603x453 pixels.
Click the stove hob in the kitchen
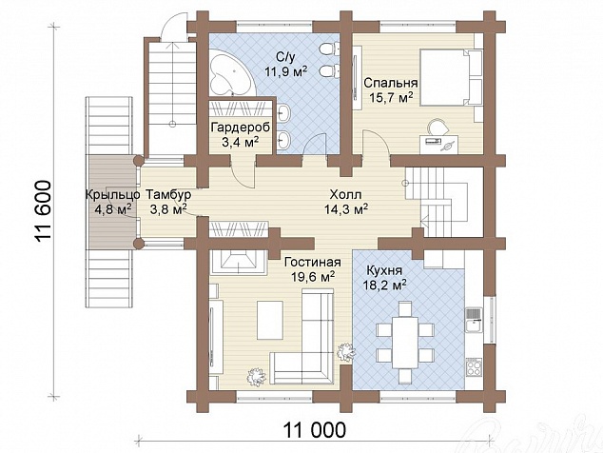click(474, 366)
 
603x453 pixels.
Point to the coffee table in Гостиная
click(270, 320)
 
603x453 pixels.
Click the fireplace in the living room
click(238, 263)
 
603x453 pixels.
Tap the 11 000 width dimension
click(315, 430)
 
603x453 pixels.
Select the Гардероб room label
click(241, 128)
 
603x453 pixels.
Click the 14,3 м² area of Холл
click(345, 209)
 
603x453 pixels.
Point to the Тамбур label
click(168, 195)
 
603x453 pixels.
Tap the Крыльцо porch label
click(112, 195)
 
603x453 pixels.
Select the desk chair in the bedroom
click(438, 128)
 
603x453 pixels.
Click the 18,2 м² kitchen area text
click(385, 285)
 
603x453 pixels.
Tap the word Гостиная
click(312, 263)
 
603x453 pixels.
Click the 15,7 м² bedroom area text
click(391, 97)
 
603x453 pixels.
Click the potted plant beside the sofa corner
click(346, 350)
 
